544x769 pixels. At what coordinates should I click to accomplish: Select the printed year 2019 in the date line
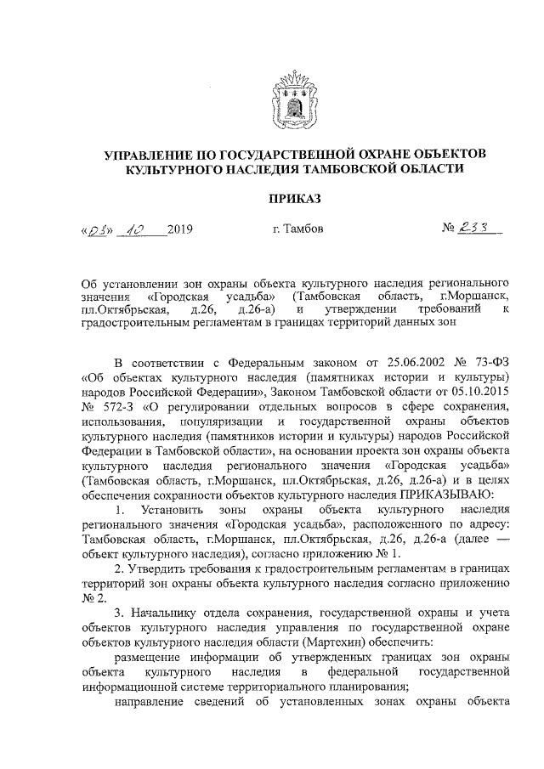[181, 229]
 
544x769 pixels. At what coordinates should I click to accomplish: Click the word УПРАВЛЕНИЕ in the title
[156, 154]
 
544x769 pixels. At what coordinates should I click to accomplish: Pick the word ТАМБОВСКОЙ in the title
[371, 169]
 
